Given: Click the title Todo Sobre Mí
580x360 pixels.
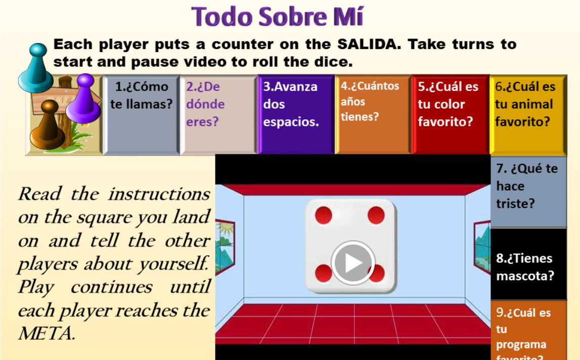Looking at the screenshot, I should point(278,16).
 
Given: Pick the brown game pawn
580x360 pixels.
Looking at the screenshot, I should point(48,125).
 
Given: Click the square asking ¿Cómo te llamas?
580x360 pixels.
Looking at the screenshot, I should point(142,114).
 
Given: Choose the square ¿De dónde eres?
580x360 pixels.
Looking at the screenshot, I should point(218,114).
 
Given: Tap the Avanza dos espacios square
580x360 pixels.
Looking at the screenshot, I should point(296,114).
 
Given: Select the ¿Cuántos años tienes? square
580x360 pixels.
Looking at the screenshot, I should point(373,114).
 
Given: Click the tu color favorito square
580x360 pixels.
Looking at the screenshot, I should point(450,114).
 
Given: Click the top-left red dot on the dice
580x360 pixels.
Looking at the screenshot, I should point(324,215).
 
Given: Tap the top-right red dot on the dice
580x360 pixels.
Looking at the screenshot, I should point(376,215).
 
